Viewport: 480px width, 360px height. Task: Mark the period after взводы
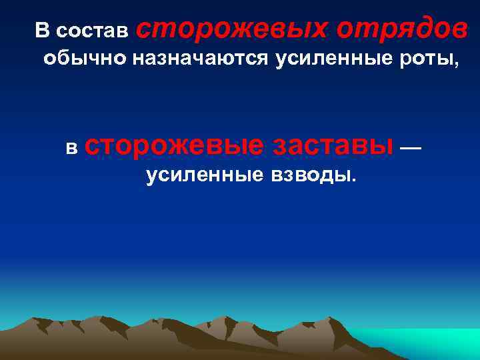pos(354,181)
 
